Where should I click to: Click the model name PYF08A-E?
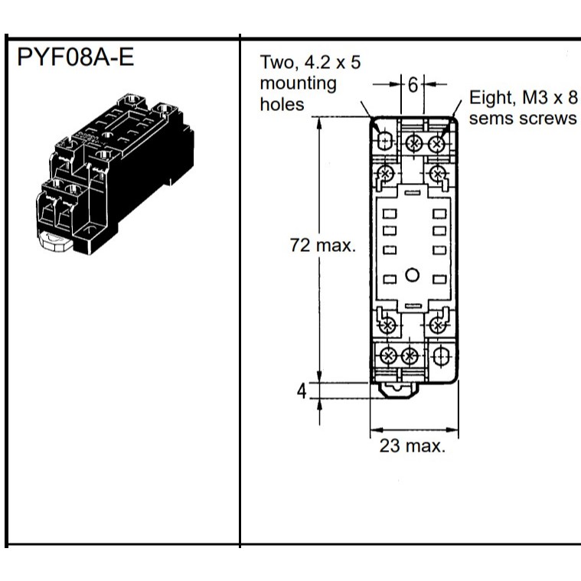(75, 57)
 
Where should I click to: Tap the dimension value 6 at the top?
(413, 85)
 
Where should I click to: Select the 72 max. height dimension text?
(323, 245)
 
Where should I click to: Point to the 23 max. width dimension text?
(412, 446)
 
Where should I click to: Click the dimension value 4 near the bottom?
(302, 391)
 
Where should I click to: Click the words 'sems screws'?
(523, 118)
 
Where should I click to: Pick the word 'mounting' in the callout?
(299, 83)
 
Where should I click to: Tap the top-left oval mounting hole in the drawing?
(385, 140)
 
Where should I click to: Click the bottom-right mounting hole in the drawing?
(440, 357)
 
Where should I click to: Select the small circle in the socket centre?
(412, 275)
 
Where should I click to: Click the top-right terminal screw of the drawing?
(436, 143)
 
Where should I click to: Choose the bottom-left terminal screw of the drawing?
(388, 357)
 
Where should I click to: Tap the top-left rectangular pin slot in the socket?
(390, 214)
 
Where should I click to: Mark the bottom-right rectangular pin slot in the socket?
(439, 279)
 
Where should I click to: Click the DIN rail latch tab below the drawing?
(399, 390)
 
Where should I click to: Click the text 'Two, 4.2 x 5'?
(310, 62)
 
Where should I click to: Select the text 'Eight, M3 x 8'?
(523, 97)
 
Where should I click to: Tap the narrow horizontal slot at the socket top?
(413, 193)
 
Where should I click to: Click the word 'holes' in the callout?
(282, 105)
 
